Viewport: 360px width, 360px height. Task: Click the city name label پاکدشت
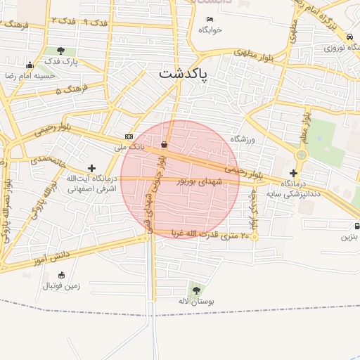[x=184, y=74]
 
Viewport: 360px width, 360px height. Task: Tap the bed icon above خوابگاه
[x=210, y=20]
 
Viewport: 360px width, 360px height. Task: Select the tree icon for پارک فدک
[x=61, y=51]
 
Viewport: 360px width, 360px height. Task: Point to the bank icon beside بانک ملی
[x=129, y=136]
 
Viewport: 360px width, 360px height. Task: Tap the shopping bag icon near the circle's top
[x=165, y=144]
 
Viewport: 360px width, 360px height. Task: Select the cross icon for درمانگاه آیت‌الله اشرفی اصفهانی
[x=91, y=167]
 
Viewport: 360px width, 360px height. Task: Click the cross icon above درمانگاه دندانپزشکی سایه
[x=293, y=172]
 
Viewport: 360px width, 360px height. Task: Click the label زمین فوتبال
[x=62, y=286]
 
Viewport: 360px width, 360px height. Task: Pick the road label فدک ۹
[x=96, y=23]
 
